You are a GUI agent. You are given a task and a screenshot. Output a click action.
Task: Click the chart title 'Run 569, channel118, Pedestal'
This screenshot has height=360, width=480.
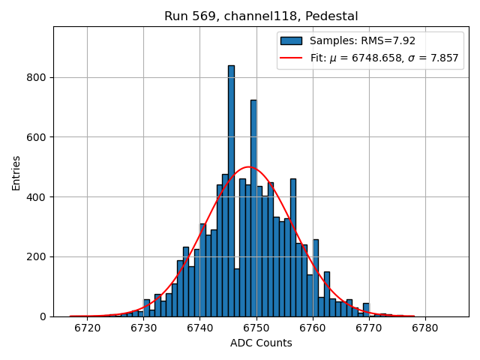(261, 16)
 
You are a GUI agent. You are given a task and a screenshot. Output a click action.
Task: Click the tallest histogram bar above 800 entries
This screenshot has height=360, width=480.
(231, 187)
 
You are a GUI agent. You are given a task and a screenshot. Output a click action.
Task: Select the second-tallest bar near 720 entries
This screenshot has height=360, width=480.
(253, 206)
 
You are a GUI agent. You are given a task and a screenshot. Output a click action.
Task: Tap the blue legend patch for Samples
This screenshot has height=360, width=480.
(291, 40)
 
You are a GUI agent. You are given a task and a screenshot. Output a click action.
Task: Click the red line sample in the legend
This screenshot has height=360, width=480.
(291, 57)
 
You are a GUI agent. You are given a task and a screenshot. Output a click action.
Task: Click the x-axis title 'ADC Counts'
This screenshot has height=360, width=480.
(261, 343)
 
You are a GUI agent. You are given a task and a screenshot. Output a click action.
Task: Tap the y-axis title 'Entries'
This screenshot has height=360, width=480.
(16, 172)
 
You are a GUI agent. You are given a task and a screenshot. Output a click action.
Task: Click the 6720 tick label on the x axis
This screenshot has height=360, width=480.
(87, 328)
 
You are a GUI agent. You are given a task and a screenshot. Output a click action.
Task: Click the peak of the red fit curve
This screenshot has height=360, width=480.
(249, 167)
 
